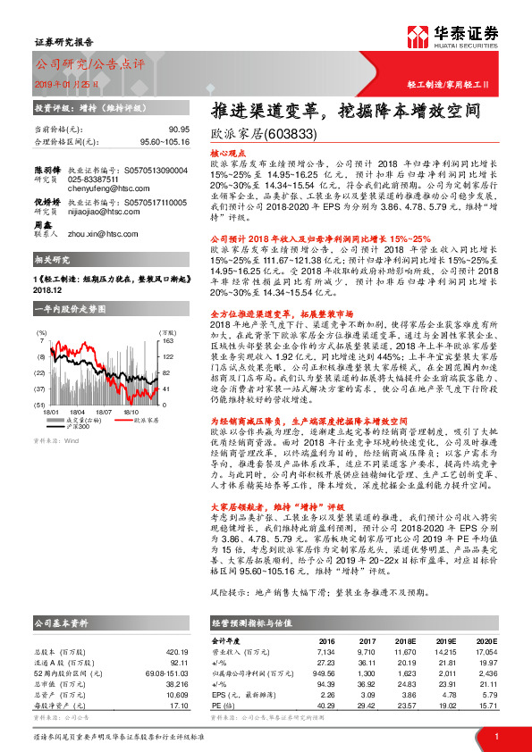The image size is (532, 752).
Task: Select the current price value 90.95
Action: click(x=178, y=130)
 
